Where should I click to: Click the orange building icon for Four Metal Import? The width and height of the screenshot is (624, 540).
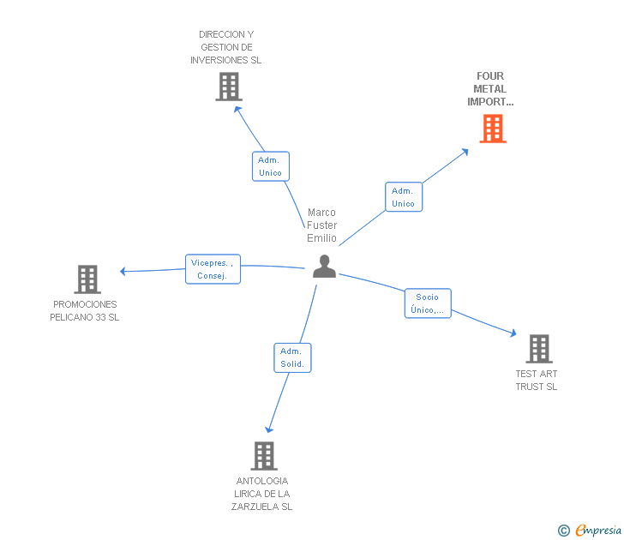pyautogui.click(x=492, y=129)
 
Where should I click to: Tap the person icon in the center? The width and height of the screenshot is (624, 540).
pyautogui.click(x=324, y=267)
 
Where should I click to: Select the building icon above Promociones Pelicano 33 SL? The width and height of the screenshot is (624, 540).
pyautogui.click(x=87, y=279)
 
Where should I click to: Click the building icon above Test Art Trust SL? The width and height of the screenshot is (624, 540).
pyautogui.click(x=538, y=349)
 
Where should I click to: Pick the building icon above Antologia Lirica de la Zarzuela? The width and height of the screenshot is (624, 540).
pyautogui.click(x=264, y=456)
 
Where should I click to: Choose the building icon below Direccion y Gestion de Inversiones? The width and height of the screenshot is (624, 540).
pyautogui.click(x=229, y=87)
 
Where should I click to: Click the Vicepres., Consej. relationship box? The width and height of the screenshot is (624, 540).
pyautogui.click(x=213, y=269)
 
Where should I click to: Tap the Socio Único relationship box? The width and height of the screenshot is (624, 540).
pyautogui.click(x=427, y=303)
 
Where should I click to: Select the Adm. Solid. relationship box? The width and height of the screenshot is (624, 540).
pyautogui.click(x=292, y=357)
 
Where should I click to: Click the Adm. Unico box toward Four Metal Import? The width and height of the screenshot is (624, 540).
pyautogui.click(x=403, y=197)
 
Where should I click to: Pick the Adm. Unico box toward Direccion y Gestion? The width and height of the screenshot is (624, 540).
pyautogui.click(x=270, y=166)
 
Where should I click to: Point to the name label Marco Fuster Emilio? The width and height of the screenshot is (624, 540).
pyautogui.click(x=322, y=225)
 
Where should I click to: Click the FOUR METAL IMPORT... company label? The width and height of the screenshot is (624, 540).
pyautogui.click(x=490, y=89)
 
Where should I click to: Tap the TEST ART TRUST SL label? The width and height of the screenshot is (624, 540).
pyautogui.click(x=537, y=381)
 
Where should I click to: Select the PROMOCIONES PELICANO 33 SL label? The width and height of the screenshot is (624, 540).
pyautogui.click(x=85, y=311)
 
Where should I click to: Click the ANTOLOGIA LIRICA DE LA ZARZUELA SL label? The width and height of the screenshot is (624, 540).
pyautogui.click(x=261, y=494)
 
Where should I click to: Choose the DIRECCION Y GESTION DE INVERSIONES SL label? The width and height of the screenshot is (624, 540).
pyautogui.click(x=226, y=48)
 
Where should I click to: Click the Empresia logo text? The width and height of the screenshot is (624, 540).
pyautogui.click(x=598, y=531)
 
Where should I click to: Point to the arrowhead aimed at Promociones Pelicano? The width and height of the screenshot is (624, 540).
pyautogui.click(x=123, y=272)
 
